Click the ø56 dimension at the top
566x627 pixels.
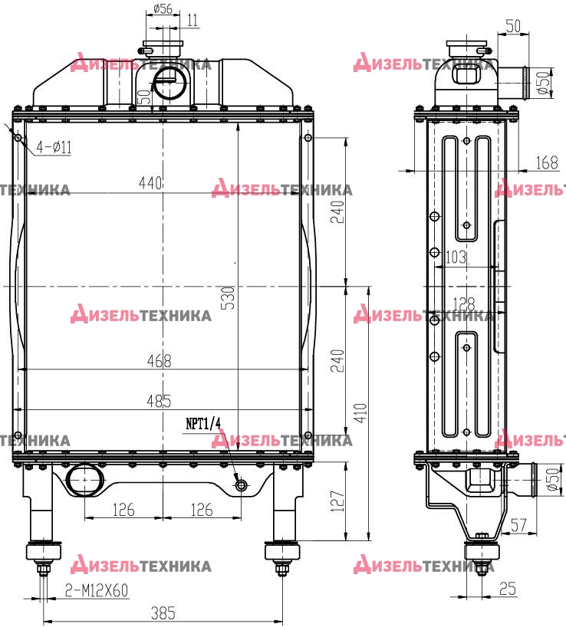pos(163,8)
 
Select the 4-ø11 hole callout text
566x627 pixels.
pos(54,147)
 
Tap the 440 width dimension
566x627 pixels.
pos(150,182)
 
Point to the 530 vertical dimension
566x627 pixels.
pos(228,298)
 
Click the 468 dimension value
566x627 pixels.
pos(160,361)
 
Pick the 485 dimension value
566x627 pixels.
pos(159,401)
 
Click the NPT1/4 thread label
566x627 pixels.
pos(203,423)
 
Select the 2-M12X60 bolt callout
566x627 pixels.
pos(97,590)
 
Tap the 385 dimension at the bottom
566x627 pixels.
pos(163,613)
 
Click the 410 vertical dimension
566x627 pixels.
pos(360,413)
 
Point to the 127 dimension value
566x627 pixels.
pos(338,501)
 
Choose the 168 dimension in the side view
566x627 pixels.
pos(547,162)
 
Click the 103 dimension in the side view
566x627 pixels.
pos(456,257)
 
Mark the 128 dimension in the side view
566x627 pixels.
pos(464,304)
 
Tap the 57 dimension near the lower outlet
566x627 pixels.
pos(518,525)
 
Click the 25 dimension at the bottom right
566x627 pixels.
pos(508,588)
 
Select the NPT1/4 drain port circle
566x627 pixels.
pos(241,485)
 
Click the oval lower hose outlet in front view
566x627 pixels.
pos(85,479)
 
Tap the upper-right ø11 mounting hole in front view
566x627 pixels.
pos(308,138)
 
